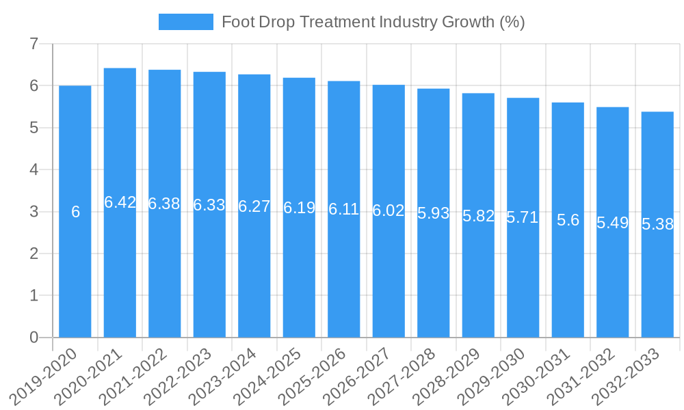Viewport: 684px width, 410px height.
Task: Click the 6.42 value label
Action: pos(120,202)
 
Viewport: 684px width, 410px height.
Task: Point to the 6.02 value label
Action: pos(389,210)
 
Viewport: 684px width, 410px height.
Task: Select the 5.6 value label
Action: pos(568,220)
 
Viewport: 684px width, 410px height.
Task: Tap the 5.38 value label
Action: pos(657,224)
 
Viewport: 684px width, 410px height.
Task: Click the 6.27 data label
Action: pos(254,206)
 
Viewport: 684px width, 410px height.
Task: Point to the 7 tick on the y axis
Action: pos(34,44)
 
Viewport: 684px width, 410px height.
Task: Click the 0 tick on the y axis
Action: pos(34,338)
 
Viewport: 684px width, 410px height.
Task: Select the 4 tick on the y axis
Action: pos(34,169)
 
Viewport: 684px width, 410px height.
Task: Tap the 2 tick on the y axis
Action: pos(34,254)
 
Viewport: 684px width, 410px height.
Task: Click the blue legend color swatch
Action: pos(185,22)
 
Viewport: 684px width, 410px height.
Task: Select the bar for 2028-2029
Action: pos(478,273)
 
